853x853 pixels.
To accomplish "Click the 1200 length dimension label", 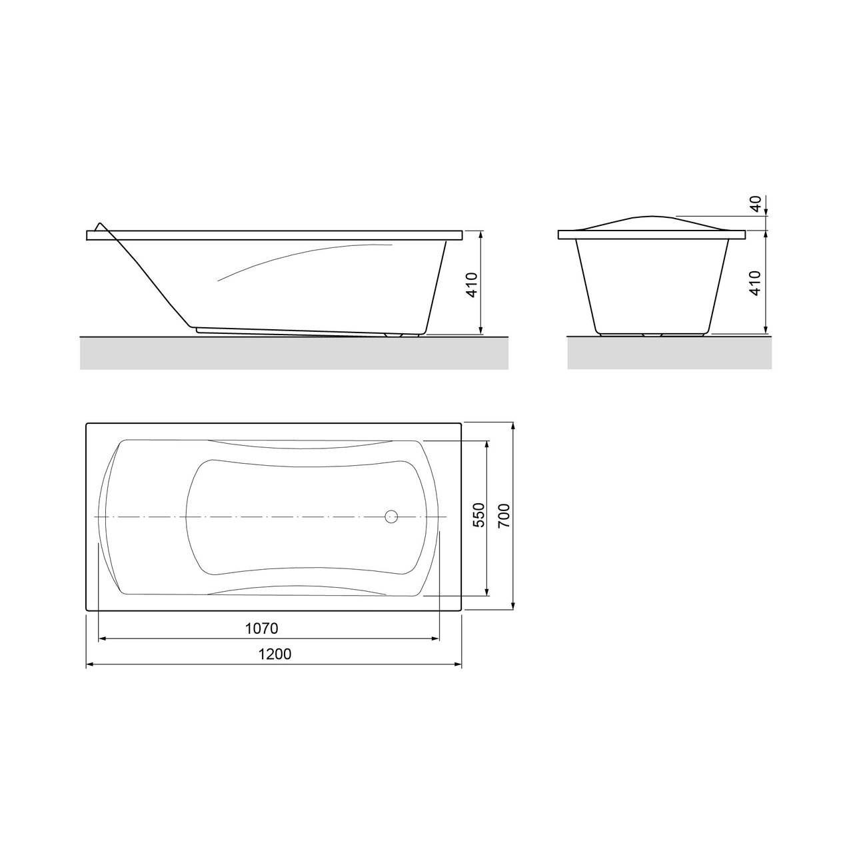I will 275,654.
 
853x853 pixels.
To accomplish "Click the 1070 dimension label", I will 261,628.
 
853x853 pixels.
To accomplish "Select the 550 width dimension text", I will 476,516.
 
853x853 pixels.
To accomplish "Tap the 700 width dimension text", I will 504,516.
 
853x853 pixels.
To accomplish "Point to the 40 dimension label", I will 756,204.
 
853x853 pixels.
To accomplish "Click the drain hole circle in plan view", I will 391,516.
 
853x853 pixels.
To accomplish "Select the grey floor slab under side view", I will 293,353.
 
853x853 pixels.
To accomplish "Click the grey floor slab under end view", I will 669,353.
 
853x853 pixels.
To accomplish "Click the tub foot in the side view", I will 403,335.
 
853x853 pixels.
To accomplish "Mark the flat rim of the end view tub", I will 650,235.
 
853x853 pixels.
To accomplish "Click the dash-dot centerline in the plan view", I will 267,516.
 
